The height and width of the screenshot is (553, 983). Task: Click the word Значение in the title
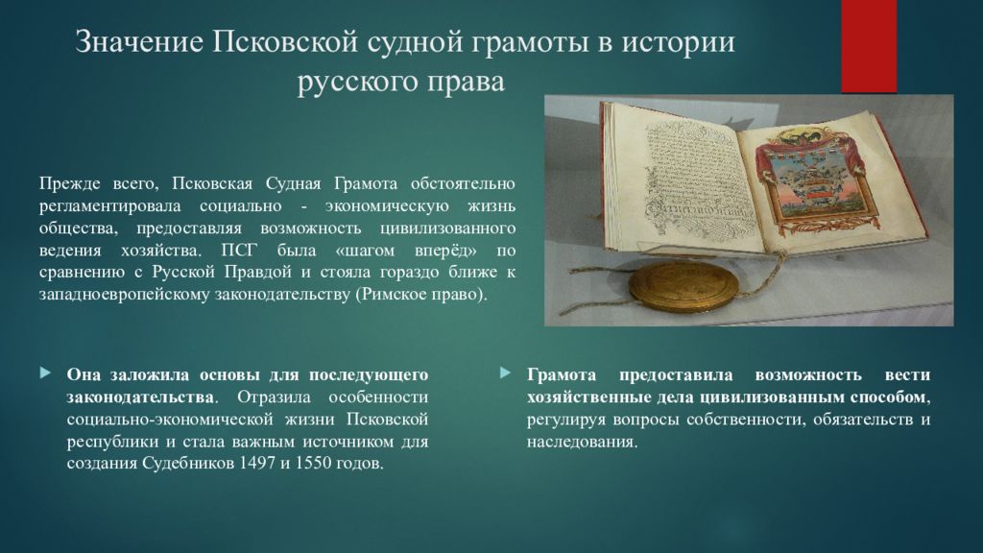tap(139, 42)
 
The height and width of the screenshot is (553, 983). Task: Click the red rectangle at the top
tap(869, 46)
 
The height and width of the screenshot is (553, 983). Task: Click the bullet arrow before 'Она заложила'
tap(45, 373)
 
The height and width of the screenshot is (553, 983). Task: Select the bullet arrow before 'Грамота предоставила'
tap(505, 373)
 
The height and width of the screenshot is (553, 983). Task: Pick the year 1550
tap(313, 464)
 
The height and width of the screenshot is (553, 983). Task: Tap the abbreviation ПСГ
tap(239, 251)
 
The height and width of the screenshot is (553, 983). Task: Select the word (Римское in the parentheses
tap(391, 296)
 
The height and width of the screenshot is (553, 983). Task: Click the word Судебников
tap(187, 465)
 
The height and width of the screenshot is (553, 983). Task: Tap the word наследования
tap(582, 442)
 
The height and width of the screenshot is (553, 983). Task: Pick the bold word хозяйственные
tap(588, 397)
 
